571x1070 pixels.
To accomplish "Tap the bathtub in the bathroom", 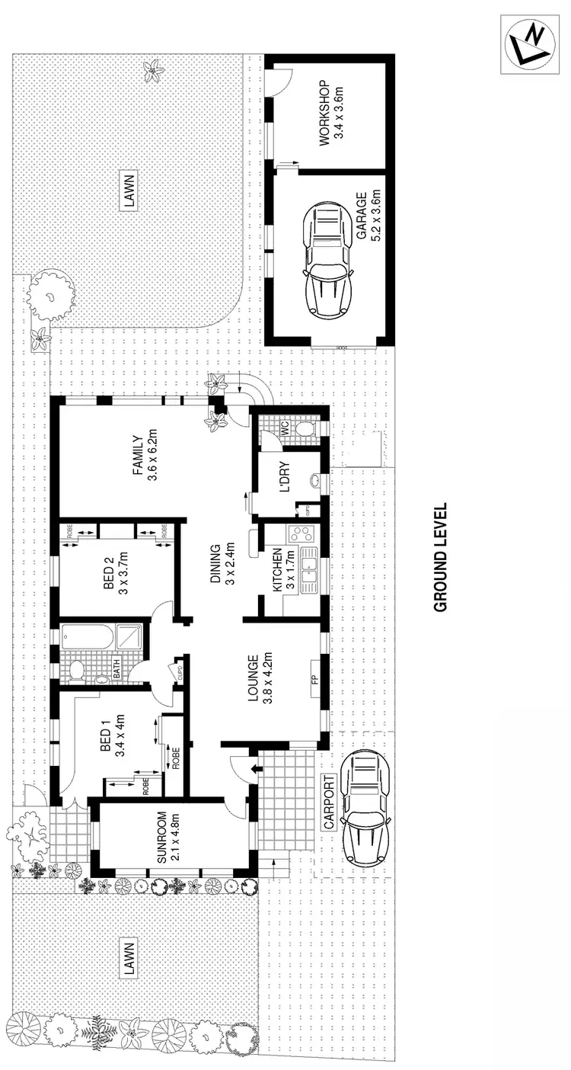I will coord(89,637).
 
